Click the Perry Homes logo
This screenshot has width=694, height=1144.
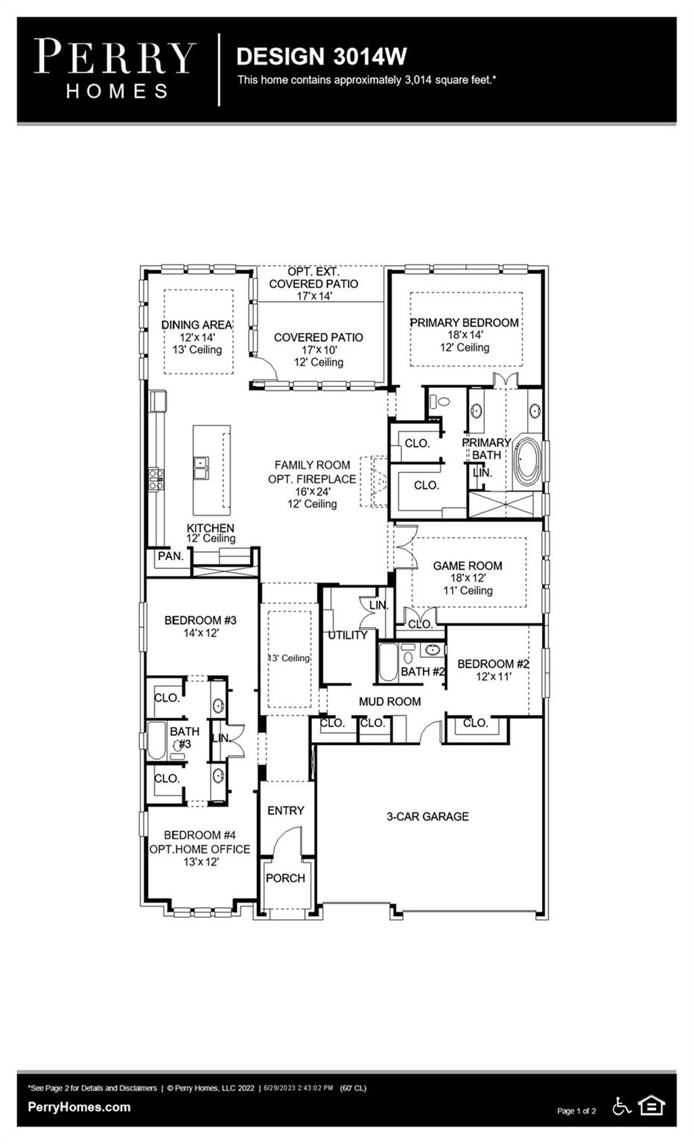click(115, 69)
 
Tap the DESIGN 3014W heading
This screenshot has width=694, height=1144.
click(321, 57)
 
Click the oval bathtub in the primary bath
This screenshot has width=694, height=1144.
click(526, 460)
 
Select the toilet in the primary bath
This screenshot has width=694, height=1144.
click(439, 401)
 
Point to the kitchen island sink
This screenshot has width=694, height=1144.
click(201, 467)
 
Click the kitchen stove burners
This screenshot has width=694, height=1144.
click(156, 480)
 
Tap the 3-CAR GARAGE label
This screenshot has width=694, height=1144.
click(427, 816)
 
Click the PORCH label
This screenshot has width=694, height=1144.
click(285, 878)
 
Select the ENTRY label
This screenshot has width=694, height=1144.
click(285, 810)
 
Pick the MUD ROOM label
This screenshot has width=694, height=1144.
click(389, 701)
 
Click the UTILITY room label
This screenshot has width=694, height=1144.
click(348, 635)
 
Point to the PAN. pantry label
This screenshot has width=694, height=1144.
click(170, 556)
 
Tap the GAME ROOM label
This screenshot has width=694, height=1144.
click(468, 565)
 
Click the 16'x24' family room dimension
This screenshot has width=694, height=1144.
click(313, 492)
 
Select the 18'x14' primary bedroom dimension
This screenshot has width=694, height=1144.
click(465, 335)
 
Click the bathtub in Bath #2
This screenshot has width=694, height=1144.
click(388, 662)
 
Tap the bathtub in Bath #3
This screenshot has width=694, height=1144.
click(157, 740)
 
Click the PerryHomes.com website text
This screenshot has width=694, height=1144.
click(79, 1108)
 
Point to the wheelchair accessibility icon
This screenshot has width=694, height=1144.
click(622, 1106)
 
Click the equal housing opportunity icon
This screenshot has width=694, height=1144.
click(651, 1106)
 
